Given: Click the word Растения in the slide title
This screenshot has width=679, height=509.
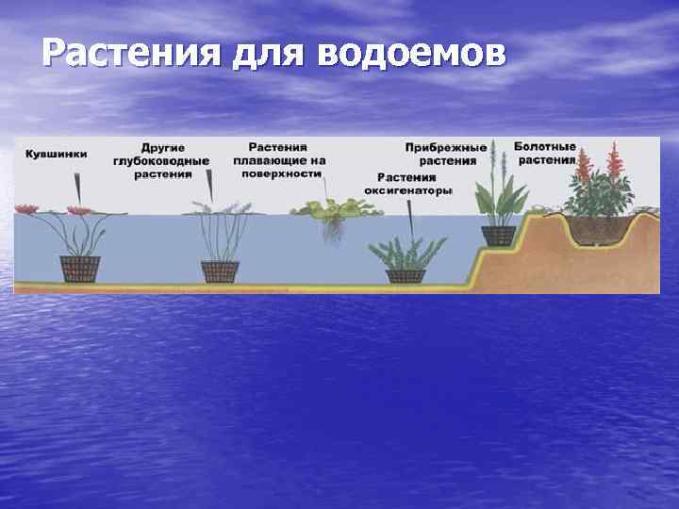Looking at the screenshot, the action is coord(131,55).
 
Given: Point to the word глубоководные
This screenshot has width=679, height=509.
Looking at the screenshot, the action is coord(161,162).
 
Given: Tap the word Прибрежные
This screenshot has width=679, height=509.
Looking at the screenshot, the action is coord(446,148).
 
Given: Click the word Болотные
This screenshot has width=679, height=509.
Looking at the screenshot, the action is coord(545,147).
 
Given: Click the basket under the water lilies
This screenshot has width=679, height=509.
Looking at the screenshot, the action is coord(80,269).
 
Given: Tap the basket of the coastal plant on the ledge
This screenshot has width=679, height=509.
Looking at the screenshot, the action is coord(498,236).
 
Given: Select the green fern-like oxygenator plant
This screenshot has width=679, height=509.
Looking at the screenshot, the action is coord(406,253).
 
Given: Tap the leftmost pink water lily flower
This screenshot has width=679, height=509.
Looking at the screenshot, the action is coord(25,207).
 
